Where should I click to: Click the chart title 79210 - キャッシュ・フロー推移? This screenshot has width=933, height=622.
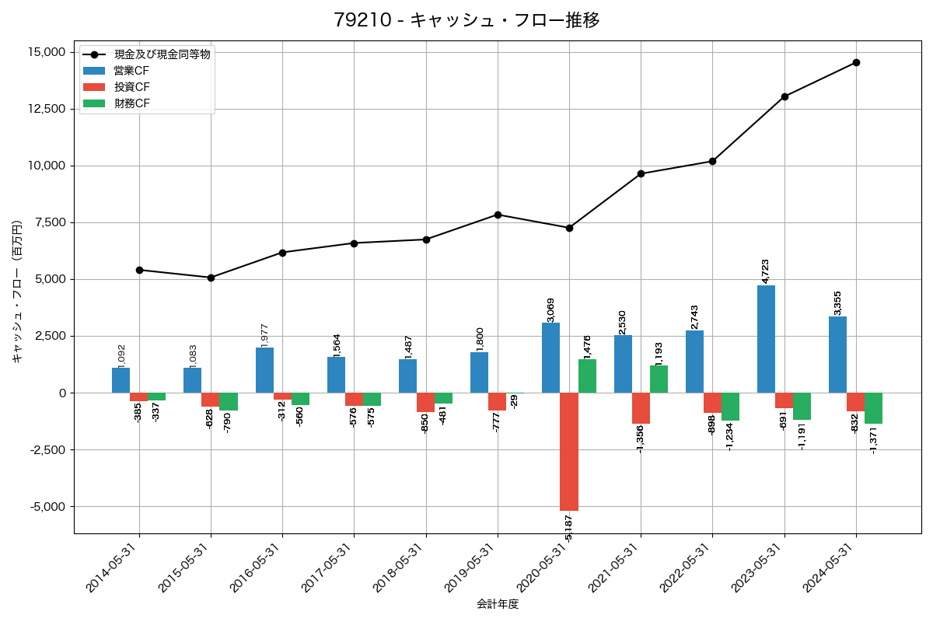click(x=466, y=20)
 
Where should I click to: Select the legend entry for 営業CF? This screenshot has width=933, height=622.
click(x=131, y=71)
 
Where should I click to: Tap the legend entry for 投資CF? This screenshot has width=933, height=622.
click(x=131, y=87)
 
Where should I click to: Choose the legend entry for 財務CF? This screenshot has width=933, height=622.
click(x=131, y=103)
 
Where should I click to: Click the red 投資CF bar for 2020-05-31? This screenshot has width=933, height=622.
click(x=569, y=451)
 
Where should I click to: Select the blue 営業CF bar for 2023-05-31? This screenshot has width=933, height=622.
click(x=766, y=339)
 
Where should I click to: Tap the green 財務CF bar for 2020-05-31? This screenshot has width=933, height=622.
click(x=587, y=376)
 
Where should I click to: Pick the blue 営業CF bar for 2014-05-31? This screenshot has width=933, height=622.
click(x=121, y=380)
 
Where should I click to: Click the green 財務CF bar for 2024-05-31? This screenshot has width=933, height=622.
click(x=873, y=408)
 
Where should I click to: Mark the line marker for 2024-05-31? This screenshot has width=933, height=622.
click(x=856, y=62)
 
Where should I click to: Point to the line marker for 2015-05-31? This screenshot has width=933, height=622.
click(x=211, y=278)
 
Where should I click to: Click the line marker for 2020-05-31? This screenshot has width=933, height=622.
click(x=569, y=228)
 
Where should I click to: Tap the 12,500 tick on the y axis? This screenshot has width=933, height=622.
click(x=46, y=109)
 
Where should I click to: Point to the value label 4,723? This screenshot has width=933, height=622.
click(x=765, y=272)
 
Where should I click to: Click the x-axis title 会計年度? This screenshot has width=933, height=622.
click(x=498, y=604)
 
